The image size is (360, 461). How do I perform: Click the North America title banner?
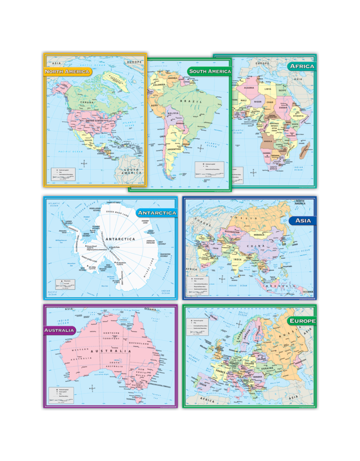67,71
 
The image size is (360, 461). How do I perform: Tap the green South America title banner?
209,71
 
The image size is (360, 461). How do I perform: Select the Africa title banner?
301,66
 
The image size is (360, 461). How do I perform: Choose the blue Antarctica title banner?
157,212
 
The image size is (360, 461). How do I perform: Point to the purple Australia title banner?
59,330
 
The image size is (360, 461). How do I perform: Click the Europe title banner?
302,321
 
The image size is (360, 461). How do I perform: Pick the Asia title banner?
302,221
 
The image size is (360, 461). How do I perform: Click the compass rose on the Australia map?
92,388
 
